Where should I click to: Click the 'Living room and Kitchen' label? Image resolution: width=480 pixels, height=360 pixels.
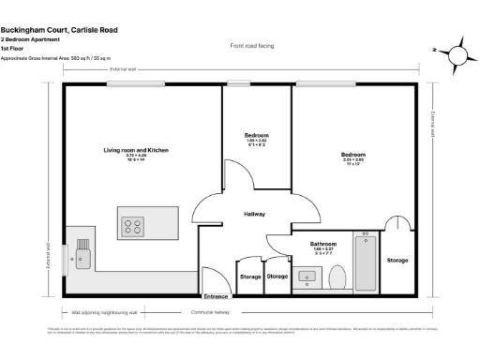136,150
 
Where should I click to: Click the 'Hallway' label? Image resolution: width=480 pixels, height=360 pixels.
254,214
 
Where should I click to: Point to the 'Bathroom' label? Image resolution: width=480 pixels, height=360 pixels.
323,244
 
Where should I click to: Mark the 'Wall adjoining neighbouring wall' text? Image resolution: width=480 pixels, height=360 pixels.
105,311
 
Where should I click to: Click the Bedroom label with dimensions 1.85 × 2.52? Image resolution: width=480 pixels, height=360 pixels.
256,136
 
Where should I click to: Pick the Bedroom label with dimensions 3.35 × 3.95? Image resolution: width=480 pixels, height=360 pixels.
352,154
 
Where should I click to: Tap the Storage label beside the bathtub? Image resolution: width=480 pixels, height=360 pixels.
397,260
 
